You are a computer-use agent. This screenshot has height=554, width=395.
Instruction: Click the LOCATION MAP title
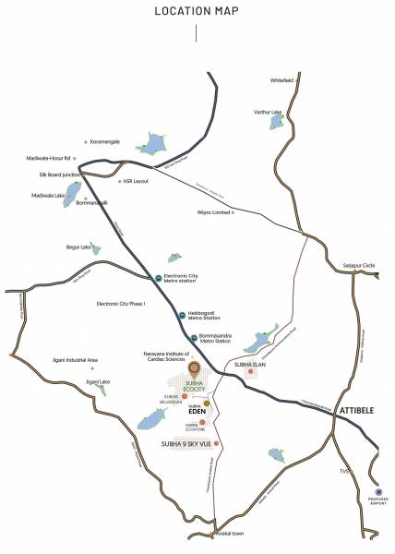pyautogui.click(x=197, y=14)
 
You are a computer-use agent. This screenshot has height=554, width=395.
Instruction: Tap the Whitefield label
pyautogui.click(x=281, y=80)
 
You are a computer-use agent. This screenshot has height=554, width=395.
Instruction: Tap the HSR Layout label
pyautogui.click(x=134, y=181)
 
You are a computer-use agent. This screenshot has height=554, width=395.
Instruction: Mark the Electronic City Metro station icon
pyautogui.click(x=159, y=278)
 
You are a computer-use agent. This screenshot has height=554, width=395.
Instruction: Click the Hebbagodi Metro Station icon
pyautogui.click(x=182, y=316)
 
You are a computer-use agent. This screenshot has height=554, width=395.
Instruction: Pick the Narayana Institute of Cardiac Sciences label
pyautogui.click(x=165, y=357)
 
